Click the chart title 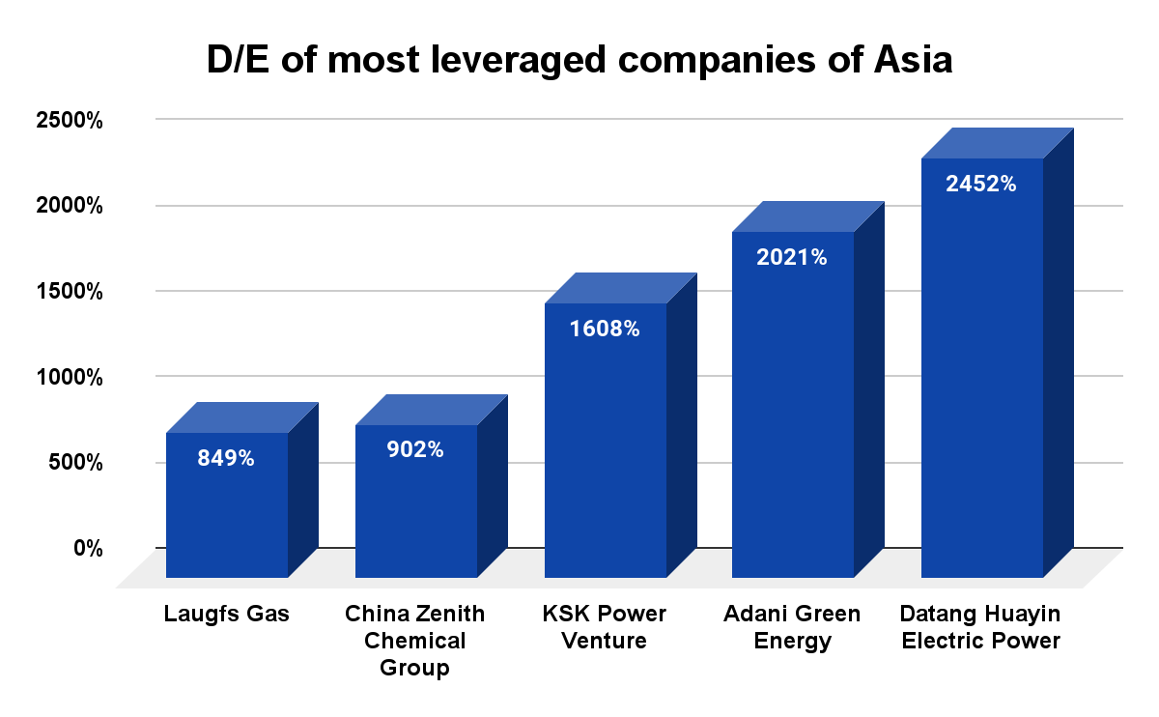579,61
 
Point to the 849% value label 226,459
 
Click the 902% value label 415,449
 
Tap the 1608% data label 605,329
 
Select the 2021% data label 792,258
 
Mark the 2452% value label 981,184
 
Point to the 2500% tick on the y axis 69,121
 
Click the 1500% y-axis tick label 69,291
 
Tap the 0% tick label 88,548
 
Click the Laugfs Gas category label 227,615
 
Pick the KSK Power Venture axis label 606,627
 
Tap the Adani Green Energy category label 792,627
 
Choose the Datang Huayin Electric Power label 980,627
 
